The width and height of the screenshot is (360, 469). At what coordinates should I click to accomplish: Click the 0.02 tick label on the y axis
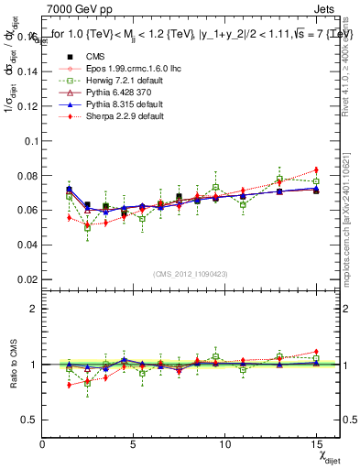pos(27,278)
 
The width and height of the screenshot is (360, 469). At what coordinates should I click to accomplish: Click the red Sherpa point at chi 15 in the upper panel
pos(316,170)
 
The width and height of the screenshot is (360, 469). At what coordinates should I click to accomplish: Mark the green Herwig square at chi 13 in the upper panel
pos(279,180)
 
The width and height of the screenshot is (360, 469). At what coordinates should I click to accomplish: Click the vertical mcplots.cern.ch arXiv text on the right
pos(352,220)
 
